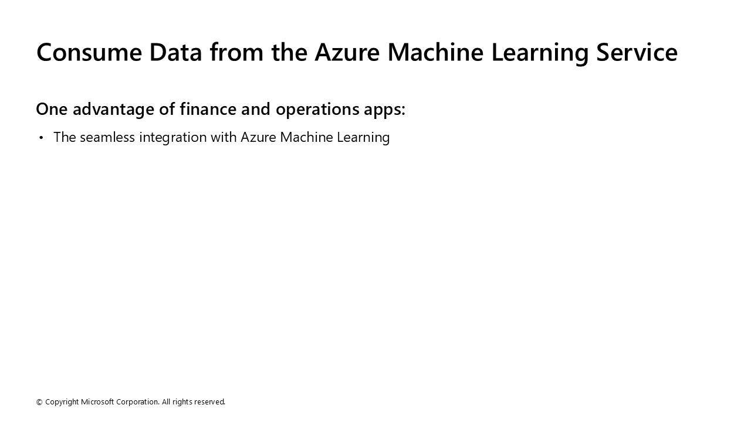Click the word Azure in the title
click(x=347, y=52)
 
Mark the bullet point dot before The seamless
click(x=41, y=138)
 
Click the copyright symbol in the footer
click(x=39, y=402)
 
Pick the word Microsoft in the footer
click(x=97, y=402)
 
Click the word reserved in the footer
click(x=209, y=402)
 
